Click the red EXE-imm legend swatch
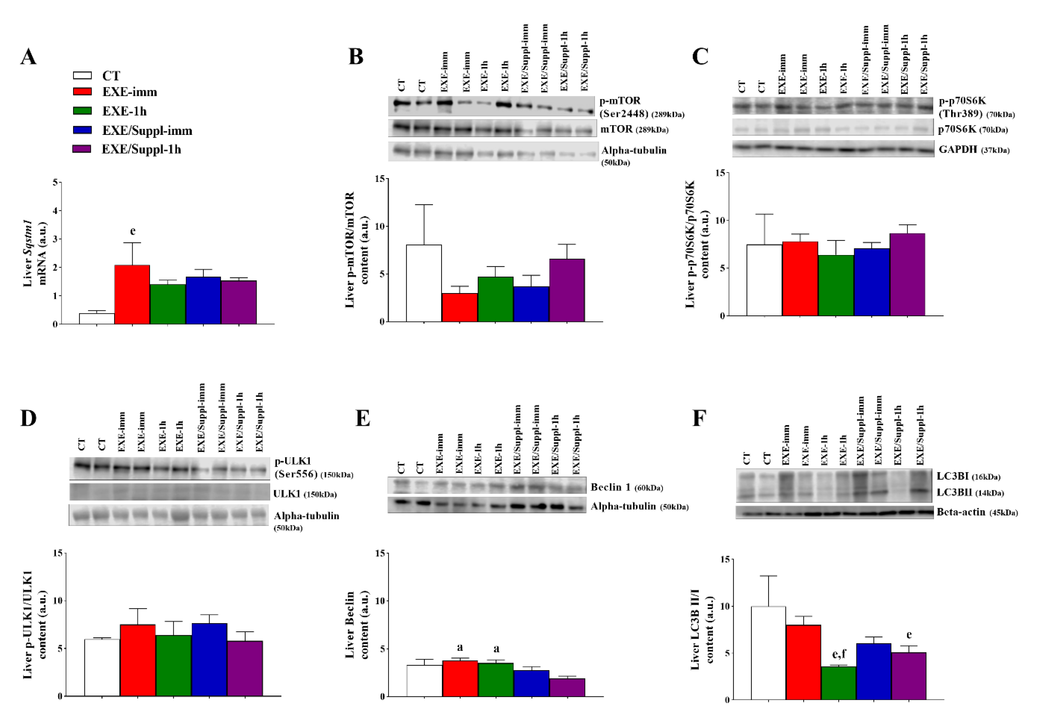[x=82, y=92]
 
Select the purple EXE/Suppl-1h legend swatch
[x=82, y=149]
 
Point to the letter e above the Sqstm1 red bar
[x=132, y=231]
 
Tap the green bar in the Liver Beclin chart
[x=495, y=679]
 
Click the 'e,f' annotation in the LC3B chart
[x=839, y=654]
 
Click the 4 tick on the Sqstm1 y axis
[x=55, y=211]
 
